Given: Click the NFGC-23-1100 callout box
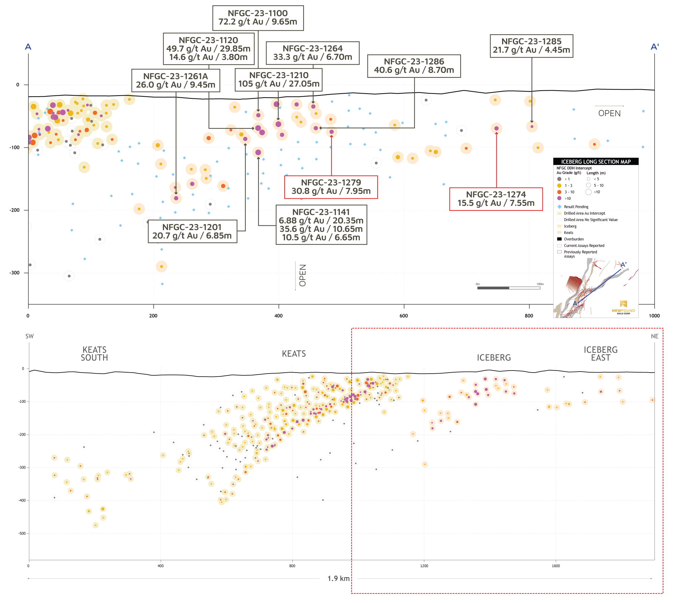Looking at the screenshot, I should (x=258, y=18).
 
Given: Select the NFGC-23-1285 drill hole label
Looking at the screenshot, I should (x=531, y=46).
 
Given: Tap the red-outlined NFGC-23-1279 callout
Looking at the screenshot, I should (x=331, y=187).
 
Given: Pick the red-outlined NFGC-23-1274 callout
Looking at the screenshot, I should (x=496, y=199).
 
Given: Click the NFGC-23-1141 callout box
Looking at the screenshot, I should (x=321, y=225).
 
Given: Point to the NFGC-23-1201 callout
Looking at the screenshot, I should (x=192, y=231).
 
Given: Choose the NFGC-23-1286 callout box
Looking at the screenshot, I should (x=414, y=66).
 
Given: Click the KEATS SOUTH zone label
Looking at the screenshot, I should (x=94, y=354).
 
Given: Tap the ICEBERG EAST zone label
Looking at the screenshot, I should (x=601, y=354).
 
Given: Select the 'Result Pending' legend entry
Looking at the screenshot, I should (x=576, y=207).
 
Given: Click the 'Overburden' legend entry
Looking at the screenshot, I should (x=574, y=239).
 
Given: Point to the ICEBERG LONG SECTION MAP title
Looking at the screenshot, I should (x=596, y=162).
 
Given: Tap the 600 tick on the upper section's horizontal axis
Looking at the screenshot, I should (x=404, y=316).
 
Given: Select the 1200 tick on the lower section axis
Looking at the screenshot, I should (x=424, y=566).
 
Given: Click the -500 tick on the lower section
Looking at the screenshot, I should (x=22, y=533).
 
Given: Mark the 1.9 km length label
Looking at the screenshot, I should (x=339, y=578).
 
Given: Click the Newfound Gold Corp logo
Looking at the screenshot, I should (x=623, y=307).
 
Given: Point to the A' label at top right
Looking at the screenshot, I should (x=654, y=46).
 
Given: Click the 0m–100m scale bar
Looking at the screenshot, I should (x=508, y=288).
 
